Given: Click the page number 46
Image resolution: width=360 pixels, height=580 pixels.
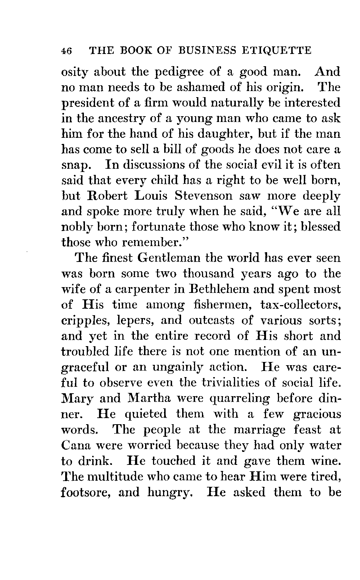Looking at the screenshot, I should pyautogui.click(x=67, y=51).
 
